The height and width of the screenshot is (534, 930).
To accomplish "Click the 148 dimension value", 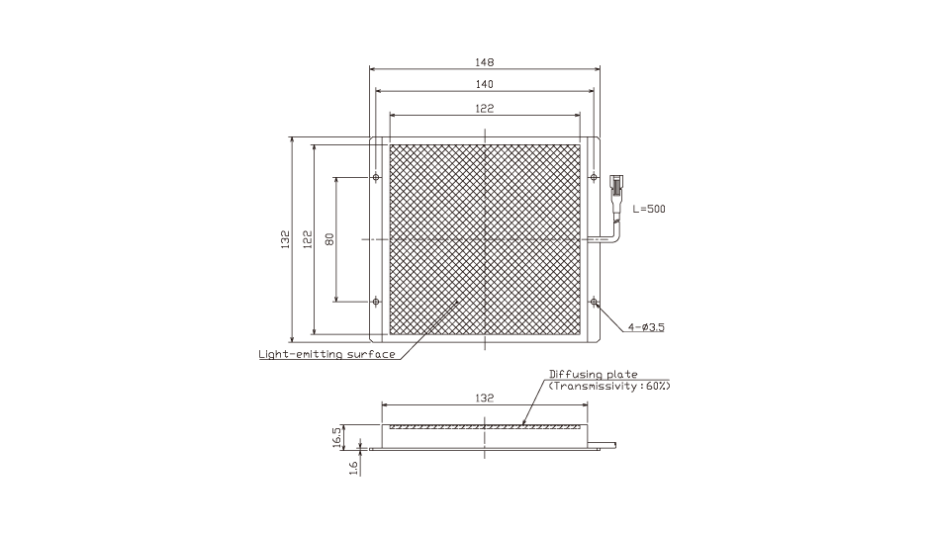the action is [x=485, y=62].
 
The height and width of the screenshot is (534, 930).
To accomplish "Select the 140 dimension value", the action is [x=485, y=84].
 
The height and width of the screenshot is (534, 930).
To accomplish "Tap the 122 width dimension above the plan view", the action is [x=485, y=109].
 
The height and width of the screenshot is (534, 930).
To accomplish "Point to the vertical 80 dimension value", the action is [x=329, y=239].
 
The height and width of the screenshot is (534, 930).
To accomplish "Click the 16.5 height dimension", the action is [x=336, y=437].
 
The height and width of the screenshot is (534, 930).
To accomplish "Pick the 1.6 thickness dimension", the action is [x=353, y=468].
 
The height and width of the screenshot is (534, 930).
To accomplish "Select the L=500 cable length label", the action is [x=649, y=209].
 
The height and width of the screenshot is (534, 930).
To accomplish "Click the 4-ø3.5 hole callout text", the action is [x=646, y=327].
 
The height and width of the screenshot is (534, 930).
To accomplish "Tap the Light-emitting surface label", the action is [x=326, y=354].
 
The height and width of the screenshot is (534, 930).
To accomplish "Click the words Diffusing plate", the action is [x=593, y=374].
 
